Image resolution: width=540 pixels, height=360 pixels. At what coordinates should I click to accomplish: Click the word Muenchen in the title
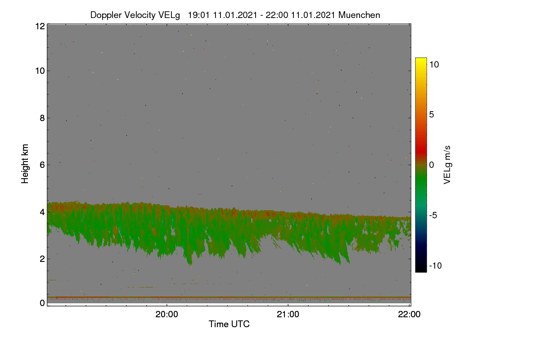point(359,15)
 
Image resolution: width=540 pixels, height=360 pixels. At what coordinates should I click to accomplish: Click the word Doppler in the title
point(106,15)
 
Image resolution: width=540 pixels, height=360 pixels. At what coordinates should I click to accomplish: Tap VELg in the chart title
point(169,15)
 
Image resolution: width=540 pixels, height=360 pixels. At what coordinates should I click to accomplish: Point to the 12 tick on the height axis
point(40,26)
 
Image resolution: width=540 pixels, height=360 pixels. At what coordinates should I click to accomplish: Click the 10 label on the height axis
point(40,71)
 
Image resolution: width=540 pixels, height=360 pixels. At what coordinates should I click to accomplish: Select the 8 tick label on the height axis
point(43,118)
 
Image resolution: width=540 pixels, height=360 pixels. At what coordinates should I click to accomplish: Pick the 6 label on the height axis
point(43,165)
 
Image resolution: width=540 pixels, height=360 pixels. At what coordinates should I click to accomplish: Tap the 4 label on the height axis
point(43,212)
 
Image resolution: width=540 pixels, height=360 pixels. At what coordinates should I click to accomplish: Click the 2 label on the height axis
point(43,259)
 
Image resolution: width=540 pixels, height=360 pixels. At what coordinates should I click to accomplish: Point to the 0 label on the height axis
point(43,303)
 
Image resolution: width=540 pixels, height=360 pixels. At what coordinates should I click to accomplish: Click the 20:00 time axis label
point(166,315)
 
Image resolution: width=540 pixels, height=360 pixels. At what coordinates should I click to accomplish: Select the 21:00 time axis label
point(288,315)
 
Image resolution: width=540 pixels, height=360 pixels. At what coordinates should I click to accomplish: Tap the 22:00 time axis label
point(409,315)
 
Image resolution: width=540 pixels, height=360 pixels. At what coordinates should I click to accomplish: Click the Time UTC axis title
point(229,324)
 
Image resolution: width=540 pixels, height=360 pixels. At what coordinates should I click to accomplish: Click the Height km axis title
point(25,164)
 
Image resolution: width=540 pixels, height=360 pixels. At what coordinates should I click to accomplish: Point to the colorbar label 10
point(434,64)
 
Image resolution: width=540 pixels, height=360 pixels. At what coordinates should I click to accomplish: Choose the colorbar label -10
point(436,265)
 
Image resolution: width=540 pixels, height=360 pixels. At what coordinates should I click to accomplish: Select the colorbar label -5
point(433,215)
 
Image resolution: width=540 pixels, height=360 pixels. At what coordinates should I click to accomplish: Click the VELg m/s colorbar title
point(447,165)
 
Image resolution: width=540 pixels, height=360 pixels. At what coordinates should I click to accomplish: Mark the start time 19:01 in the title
point(199,15)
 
